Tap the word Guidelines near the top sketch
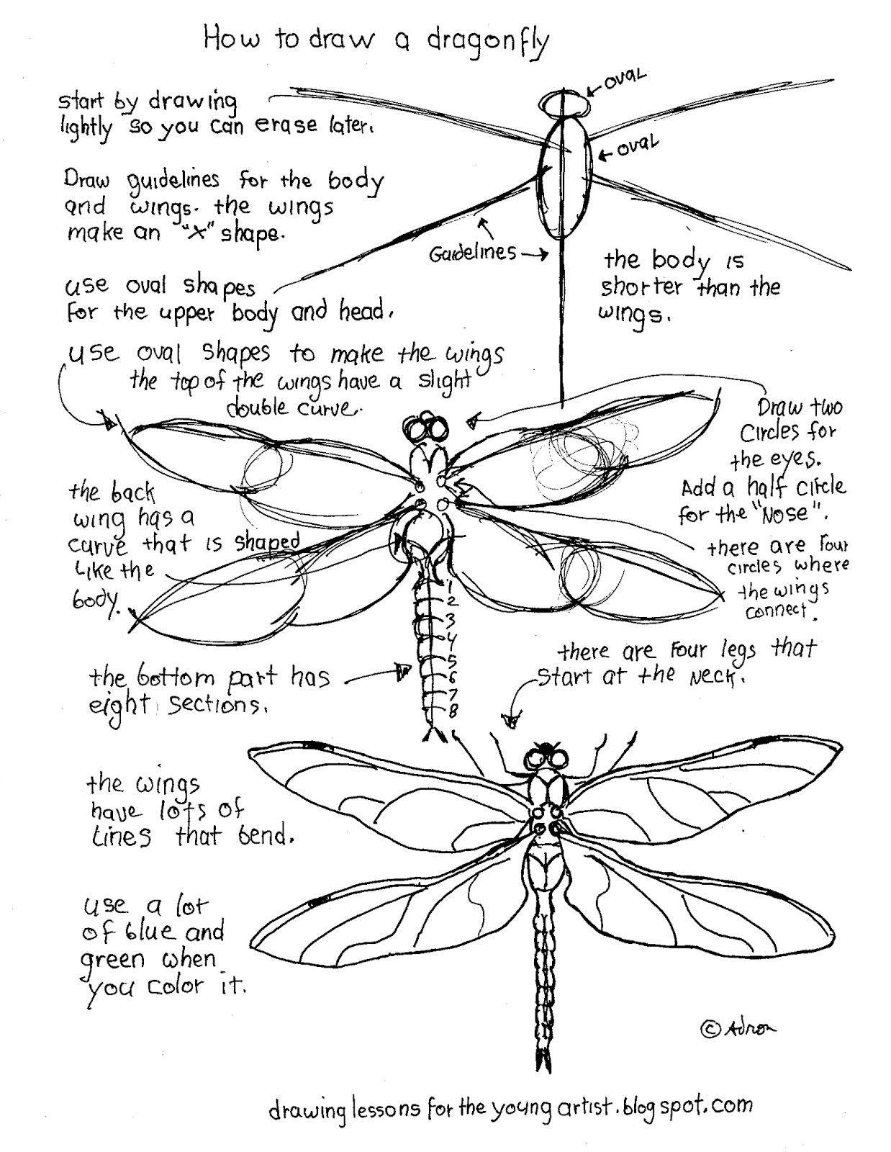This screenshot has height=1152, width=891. click(x=473, y=253)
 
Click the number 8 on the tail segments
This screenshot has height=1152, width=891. click(x=453, y=712)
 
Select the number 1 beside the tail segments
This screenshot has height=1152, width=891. click(x=448, y=585)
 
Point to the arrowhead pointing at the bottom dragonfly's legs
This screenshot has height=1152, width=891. click(x=513, y=718)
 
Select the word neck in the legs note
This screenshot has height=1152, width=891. click(x=712, y=677)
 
